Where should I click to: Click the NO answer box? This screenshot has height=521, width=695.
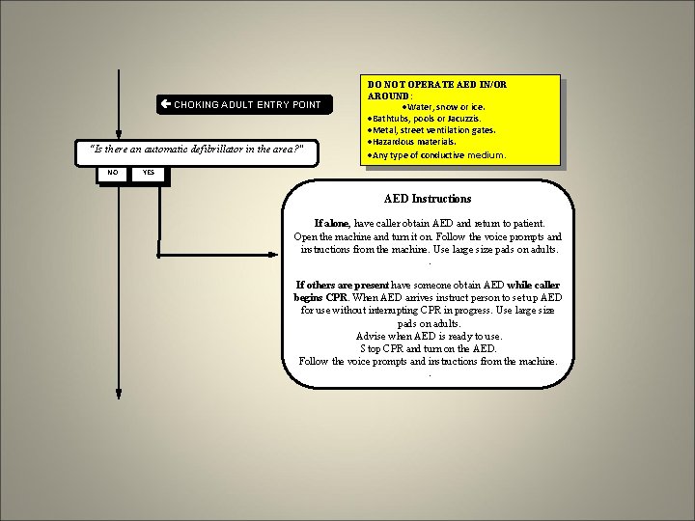coord(113,173)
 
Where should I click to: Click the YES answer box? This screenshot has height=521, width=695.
coord(149,173)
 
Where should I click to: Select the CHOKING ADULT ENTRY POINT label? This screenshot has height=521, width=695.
coord(247,104)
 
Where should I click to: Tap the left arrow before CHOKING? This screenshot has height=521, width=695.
coord(166,104)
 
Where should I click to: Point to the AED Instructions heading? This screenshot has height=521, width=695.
coord(428,199)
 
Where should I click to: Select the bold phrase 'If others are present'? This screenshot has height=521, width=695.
coord(343,286)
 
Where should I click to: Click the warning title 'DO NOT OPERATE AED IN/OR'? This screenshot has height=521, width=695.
coord(437,85)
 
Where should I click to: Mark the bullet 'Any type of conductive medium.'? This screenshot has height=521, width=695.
coord(439,154)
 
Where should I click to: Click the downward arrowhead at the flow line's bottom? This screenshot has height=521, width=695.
coord(118,393)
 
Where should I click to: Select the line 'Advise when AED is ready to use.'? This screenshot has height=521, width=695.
coord(427,336)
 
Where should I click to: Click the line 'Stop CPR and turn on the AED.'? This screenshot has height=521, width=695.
coord(427,348)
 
